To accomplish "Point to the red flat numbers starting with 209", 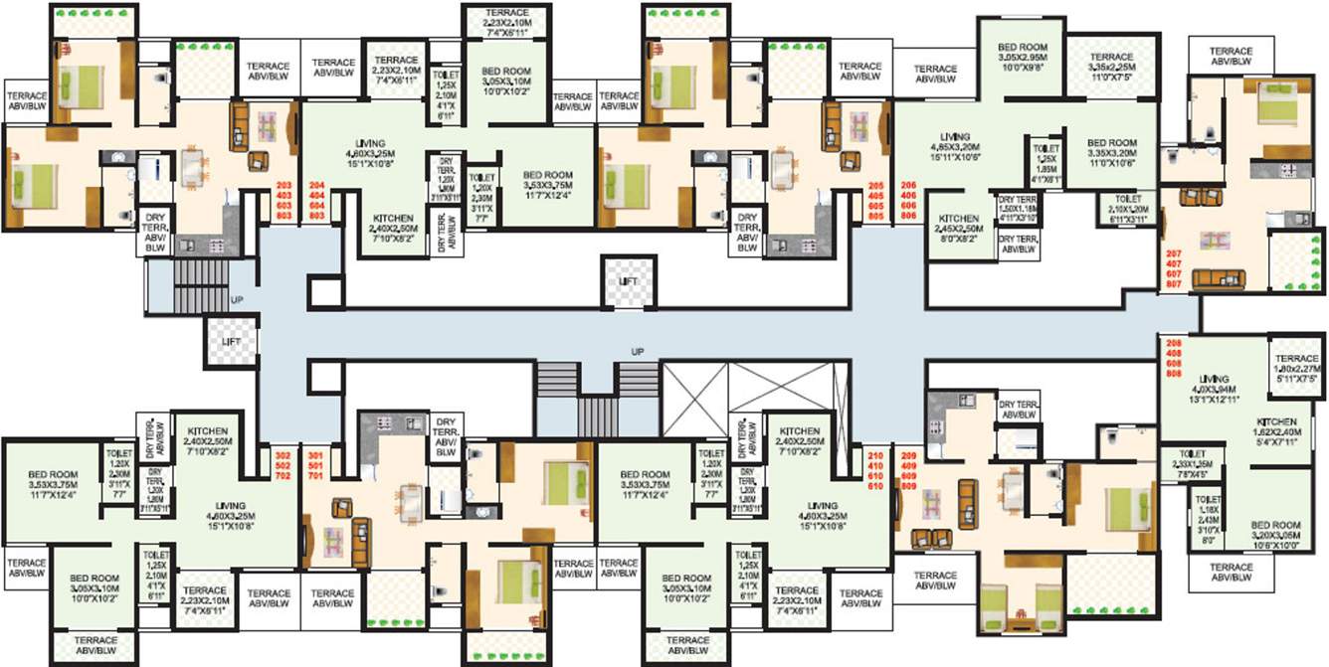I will [x=907, y=473].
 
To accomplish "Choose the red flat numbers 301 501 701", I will [x=317, y=462].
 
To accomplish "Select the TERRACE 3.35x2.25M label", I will [x=1112, y=66].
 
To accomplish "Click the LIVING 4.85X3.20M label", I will [x=956, y=146].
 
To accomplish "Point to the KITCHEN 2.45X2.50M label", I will [x=959, y=228].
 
